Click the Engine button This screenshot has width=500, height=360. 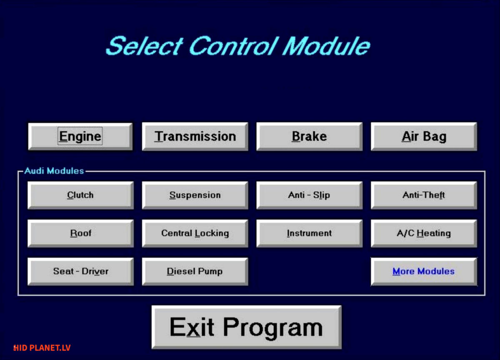point(80,136)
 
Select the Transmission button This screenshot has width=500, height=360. point(195,136)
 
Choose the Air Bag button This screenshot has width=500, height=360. point(424,136)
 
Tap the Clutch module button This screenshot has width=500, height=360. point(80,195)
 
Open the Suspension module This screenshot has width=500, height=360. point(195,195)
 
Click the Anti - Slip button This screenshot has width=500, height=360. point(309,195)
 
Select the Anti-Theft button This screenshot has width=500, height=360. point(424,195)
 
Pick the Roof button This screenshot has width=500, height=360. point(80,233)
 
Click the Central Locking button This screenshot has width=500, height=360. point(195,233)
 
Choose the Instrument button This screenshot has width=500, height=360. point(309,233)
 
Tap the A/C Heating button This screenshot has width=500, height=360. point(424,233)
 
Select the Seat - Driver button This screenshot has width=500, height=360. point(80,272)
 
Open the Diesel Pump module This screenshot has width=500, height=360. point(195,272)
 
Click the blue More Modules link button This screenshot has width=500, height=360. point(424,272)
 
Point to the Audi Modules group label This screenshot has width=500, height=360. point(54,171)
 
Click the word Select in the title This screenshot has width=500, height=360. point(145,46)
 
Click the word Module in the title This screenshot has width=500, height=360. point(326,46)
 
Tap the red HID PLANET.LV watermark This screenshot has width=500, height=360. point(42,348)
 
